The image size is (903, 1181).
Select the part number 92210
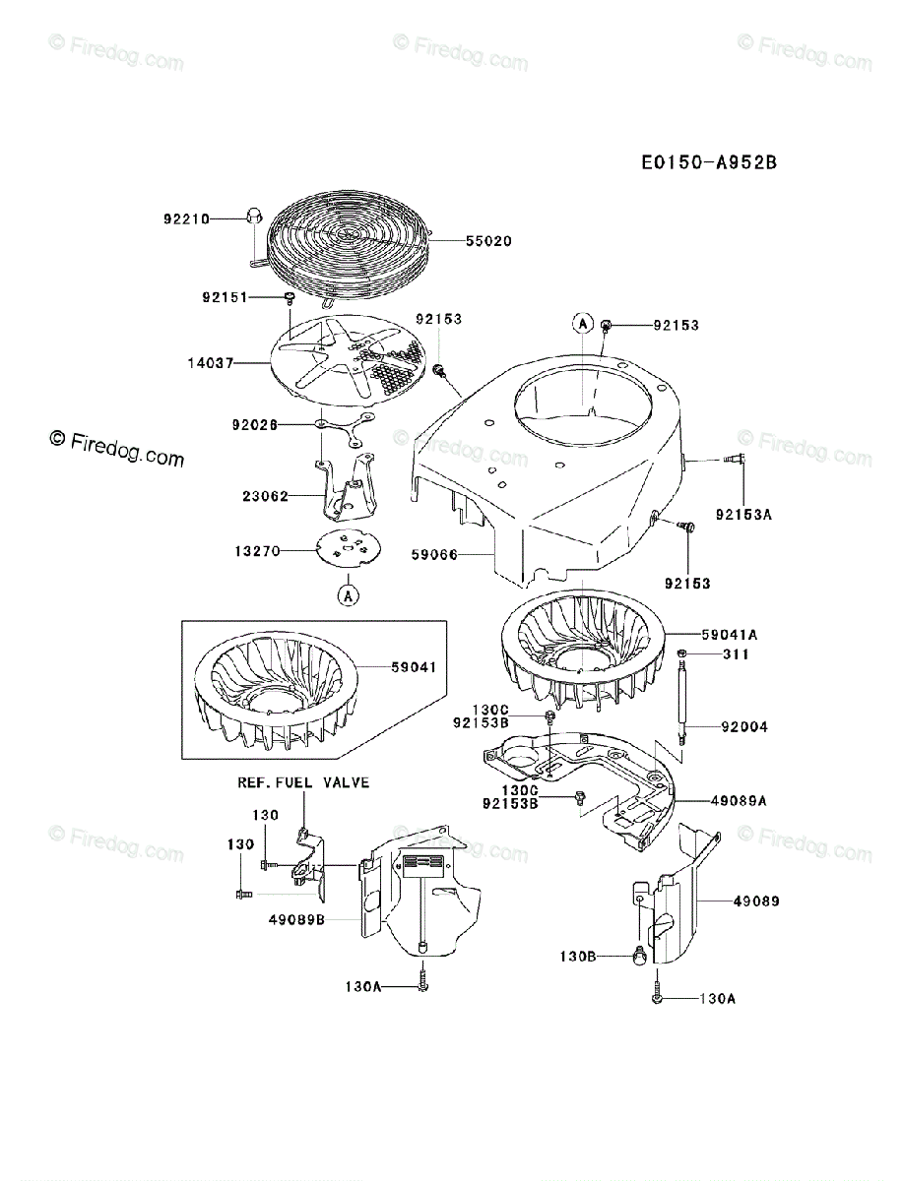186,218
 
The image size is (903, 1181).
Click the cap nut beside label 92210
250,214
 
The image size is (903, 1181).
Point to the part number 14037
210,362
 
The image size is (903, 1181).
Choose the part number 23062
265,496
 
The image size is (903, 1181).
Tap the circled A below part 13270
348,594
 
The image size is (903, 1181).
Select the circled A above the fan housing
582,323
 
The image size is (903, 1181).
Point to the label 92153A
744,514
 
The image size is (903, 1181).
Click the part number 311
736,654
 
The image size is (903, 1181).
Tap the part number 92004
744,727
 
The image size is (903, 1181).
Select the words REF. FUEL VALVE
303,782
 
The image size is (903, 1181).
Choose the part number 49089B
295,919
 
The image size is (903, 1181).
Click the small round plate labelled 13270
345,547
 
